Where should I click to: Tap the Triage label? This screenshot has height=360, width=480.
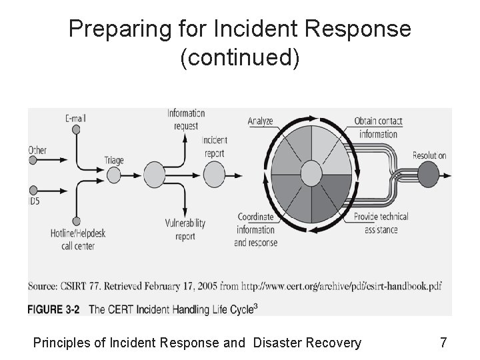pos(114,160)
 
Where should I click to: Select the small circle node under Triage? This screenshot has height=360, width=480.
pos(114,175)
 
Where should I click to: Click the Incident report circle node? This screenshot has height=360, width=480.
pos(214,175)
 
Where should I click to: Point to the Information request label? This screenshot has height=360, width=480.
pos(186,119)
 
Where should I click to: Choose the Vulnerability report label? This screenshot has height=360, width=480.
pos(185,229)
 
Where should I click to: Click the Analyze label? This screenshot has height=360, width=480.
pos(261,121)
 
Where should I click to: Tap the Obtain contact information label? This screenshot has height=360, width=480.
pos(378,127)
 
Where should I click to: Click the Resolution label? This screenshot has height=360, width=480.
pos(429,155)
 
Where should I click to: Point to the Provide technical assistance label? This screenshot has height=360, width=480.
pos(381,223)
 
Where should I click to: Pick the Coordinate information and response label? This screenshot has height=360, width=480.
pos(255,229)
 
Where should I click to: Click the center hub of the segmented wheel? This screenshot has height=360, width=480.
pos(311,175)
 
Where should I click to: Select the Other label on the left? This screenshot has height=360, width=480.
pos(37,150)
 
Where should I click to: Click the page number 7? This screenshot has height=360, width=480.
pos(443,343)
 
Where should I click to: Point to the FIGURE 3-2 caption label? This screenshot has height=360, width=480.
pos(54,309)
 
